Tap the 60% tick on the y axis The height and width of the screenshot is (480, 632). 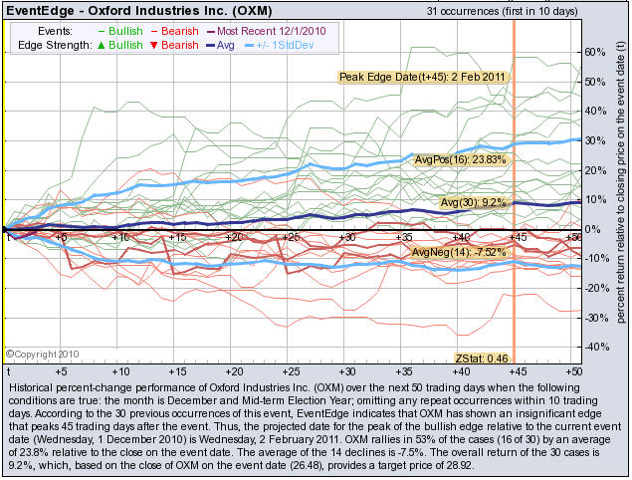[598, 51]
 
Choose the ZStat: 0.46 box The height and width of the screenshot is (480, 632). [481, 358]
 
